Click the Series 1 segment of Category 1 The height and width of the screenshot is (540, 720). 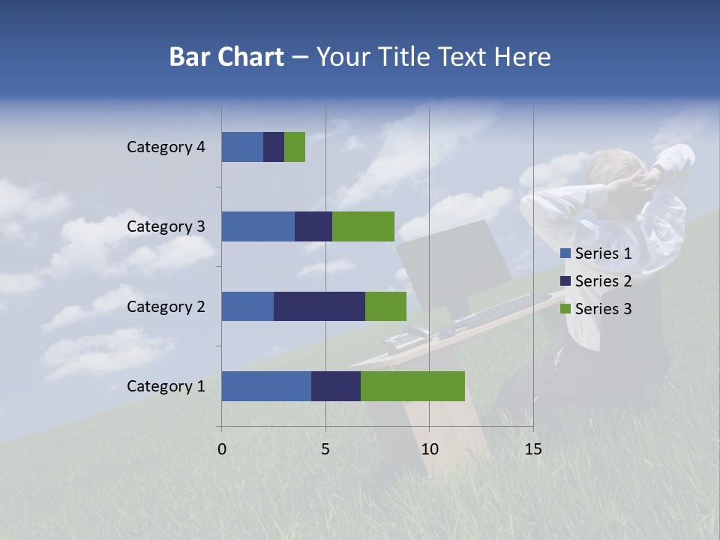[266, 386]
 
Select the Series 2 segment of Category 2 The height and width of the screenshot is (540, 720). [319, 306]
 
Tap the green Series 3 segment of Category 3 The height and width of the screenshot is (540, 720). [363, 226]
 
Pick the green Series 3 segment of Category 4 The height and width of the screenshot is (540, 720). [295, 147]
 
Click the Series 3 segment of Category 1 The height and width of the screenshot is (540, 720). [412, 386]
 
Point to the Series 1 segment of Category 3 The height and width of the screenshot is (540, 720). [258, 226]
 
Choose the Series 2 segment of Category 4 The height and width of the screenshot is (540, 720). [274, 147]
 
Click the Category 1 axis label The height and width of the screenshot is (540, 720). [166, 386]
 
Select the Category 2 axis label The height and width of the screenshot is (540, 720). [166, 306]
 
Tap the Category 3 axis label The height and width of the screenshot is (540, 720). [166, 226]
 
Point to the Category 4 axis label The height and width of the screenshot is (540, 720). [166, 147]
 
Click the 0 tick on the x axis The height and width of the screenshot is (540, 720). [222, 449]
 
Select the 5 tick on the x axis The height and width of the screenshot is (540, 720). [325, 449]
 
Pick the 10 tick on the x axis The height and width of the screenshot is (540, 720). [429, 449]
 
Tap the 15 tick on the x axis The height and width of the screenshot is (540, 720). [532, 449]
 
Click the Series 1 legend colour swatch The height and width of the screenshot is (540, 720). [565, 253]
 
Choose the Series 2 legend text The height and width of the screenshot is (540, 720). [603, 281]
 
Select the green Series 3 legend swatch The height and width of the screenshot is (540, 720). [565, 309]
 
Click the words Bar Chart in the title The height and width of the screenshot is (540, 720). [226, 57]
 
